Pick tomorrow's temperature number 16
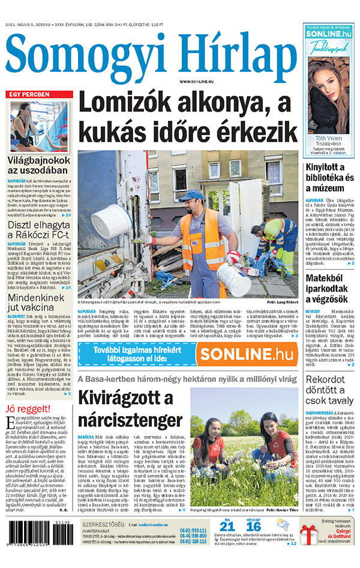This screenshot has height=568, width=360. coord(254,527)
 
